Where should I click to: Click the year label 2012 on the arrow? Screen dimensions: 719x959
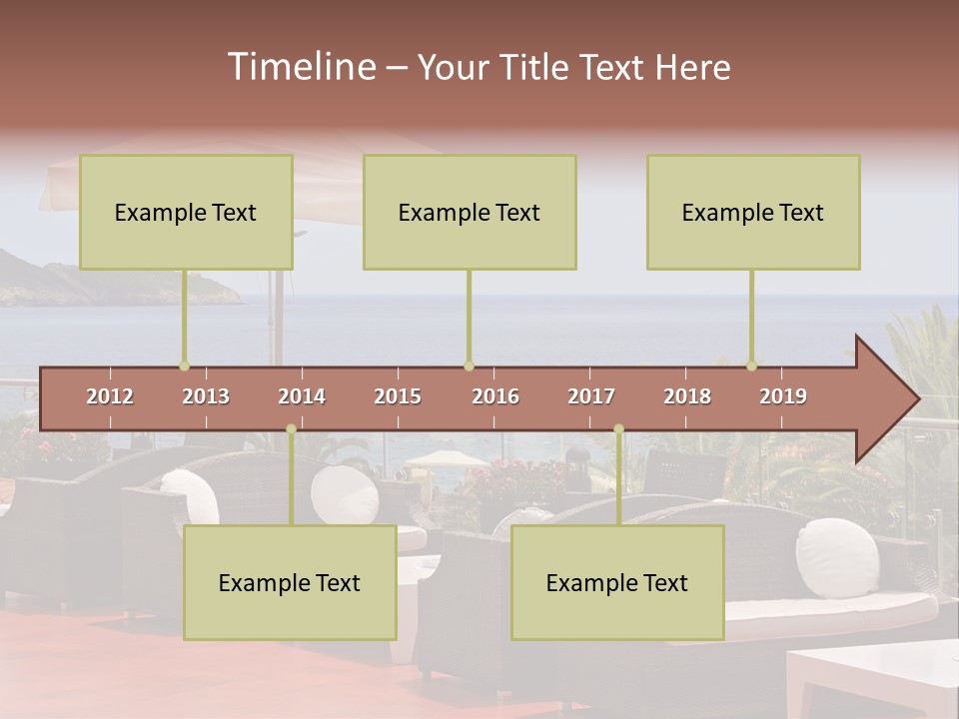pos(110,396)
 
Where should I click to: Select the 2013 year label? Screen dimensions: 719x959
pos(206,396)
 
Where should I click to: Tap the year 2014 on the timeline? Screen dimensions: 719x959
pos(302,396)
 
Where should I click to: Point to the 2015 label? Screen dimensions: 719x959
pos(398,396)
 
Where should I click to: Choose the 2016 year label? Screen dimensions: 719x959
pos(495,396)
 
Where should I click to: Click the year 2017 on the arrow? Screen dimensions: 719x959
pos(591,396)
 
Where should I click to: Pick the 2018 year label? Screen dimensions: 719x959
pos(687,396)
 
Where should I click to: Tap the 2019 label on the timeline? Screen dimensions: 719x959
pos(783,396)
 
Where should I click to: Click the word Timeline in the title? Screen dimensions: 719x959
pos(301,67)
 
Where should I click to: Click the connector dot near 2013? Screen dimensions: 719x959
pos(184,366)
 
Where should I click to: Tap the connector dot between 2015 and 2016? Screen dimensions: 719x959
pos(469,366)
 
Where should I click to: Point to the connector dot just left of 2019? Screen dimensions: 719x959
pos(752,366)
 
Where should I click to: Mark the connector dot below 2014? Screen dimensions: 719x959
pos(291,429)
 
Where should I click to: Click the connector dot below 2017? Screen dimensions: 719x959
pos(618,429)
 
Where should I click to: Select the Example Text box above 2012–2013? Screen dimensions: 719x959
pos(186,212)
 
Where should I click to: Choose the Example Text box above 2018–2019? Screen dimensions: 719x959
pos(753,212)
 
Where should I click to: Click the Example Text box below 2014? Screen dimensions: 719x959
pos(290,582)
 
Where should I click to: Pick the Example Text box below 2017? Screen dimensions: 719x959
pos(617,582)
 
